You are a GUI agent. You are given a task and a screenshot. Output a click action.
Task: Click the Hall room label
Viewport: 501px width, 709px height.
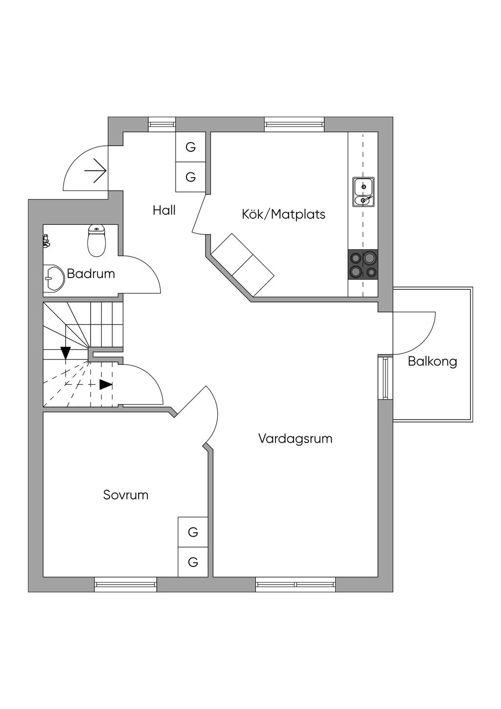click(164, 210)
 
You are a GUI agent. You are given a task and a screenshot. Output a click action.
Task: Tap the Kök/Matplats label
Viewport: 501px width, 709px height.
click(283, 214)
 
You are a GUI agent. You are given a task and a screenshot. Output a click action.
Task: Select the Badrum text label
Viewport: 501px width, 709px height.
click(91, 273)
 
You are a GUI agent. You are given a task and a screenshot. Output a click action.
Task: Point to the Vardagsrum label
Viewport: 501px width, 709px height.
click(295, 438)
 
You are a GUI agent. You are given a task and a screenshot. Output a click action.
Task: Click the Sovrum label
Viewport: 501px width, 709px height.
click(126, 495)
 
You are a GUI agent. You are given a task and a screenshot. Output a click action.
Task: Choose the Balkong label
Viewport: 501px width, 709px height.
click(433, 361)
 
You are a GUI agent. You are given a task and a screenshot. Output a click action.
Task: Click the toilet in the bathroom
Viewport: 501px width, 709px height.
click(97, 240)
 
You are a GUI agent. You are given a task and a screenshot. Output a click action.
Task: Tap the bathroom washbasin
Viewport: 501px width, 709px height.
click(53, 279)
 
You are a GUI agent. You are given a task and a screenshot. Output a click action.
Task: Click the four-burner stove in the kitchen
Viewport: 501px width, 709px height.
click(363, 265)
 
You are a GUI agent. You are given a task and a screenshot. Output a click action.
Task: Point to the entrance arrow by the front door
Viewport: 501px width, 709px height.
click(95, 171)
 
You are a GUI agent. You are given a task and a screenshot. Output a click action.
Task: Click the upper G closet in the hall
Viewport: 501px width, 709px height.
click(191, 147)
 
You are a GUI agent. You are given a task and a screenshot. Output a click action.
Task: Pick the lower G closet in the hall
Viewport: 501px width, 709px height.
click(191, 177)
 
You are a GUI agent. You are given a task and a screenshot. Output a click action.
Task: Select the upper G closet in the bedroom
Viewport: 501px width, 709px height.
click(193, 532)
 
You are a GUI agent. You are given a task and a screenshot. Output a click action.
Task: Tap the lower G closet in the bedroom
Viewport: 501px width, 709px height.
click(193, 562)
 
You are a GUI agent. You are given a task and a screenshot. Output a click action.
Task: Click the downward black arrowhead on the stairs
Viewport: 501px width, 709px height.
click(66, 353)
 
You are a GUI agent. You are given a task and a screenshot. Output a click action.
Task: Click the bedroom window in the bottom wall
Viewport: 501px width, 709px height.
click(126, 584)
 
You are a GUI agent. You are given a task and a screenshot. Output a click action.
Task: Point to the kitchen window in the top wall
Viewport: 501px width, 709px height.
click(294, 124)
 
